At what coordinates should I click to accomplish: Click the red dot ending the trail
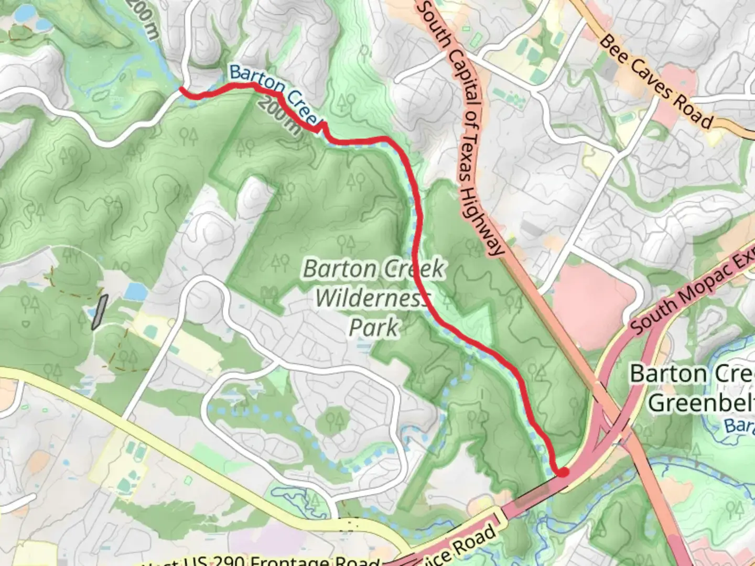coord(563,472)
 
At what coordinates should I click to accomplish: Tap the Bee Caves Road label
coord(656,82)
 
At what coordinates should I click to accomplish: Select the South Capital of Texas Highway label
coord(461,128)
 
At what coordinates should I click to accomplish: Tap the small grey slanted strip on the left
coord(100,312)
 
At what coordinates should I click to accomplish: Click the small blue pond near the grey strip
coord(135,291)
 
